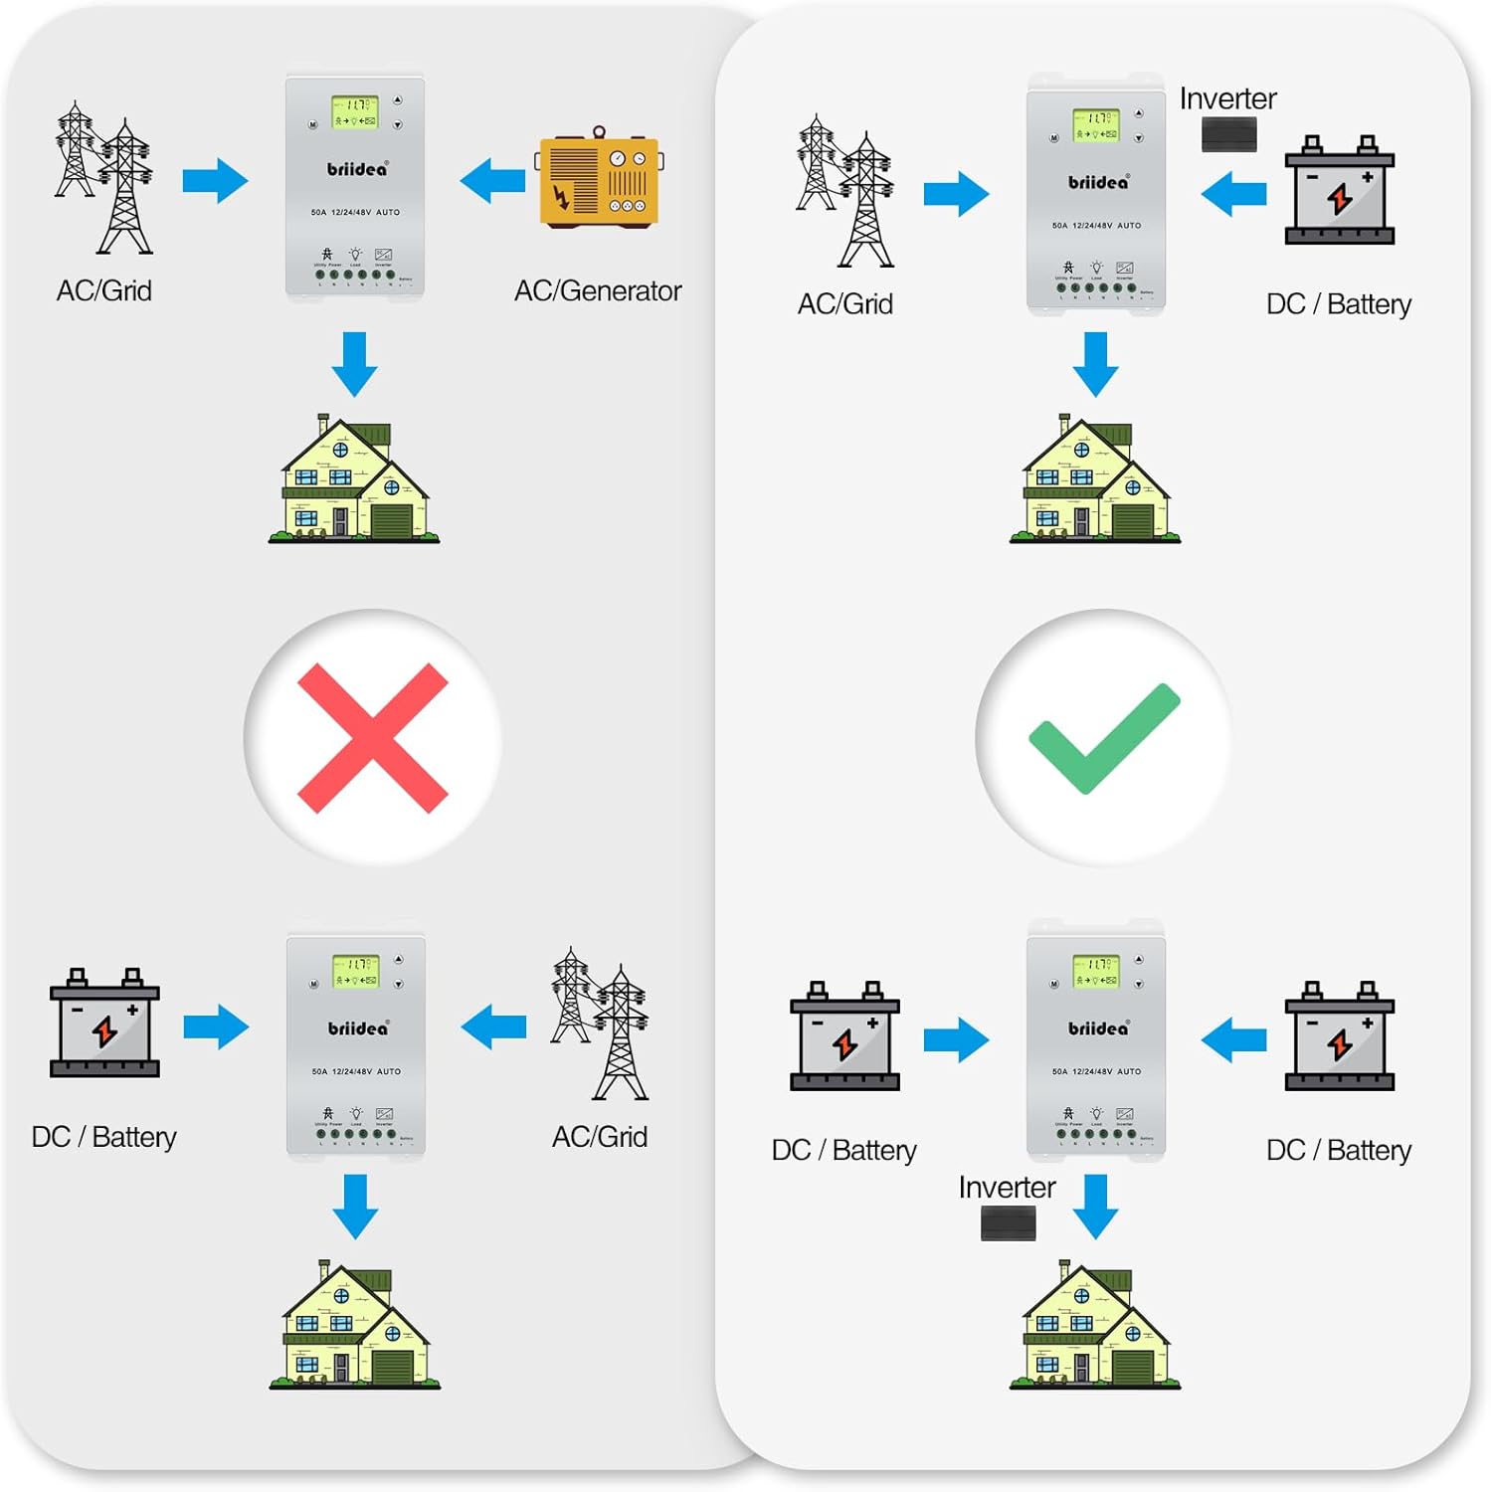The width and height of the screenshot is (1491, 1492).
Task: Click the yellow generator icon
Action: tap(600, 180)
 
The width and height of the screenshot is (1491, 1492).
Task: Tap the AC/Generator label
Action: tap(598, 290)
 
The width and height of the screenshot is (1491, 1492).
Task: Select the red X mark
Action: tap(372, 738)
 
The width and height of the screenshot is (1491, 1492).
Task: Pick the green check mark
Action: tap(1104, 738)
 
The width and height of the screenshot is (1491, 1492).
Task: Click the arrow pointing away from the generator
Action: tap(492, 181)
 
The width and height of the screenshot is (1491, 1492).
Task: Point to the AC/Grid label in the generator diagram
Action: tap(104, 290)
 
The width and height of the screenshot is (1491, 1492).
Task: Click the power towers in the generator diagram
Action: tap(104, 177)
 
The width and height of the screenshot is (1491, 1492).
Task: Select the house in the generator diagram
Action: tap(353, 479)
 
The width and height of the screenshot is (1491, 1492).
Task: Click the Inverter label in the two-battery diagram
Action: tap(1007, 1187)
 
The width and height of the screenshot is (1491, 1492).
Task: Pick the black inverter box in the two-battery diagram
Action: tap(1008, 1222)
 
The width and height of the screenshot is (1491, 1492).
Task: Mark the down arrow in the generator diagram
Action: tap(354, 364)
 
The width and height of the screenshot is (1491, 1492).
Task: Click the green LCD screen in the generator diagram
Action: tap(355, 111)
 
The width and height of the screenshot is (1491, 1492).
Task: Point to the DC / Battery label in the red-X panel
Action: tap(104, 1137)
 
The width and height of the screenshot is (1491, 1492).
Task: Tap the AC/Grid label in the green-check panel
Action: tap(845, 303)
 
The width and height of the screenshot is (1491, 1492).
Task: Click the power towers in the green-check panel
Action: tap(845, 190)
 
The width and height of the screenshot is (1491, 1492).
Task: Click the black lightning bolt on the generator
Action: tap(562, 196)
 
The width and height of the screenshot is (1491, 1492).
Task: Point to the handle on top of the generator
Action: tap(599, 132)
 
